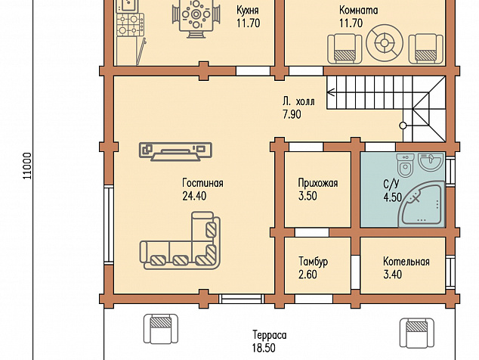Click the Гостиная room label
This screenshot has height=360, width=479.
(202, 183)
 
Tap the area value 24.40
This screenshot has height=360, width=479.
(194, 196)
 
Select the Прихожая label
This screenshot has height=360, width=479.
(318, 183)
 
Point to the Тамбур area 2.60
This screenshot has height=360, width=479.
(307, 275)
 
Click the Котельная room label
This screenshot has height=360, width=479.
(406, 262)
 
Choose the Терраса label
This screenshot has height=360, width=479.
(270, 335)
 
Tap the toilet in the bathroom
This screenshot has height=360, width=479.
(406, 165)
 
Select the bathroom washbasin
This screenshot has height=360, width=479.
(431, 161)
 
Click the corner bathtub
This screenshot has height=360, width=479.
(423, 204)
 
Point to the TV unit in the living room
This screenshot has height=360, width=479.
(175, 151)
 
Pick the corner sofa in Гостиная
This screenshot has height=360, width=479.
(180, 241)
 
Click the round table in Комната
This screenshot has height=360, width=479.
(385, 42)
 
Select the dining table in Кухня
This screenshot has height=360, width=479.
(196, 17)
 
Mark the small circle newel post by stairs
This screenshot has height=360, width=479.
(403, 126)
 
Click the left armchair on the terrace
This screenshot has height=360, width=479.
(161, 329)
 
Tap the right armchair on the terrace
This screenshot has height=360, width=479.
(417, 333)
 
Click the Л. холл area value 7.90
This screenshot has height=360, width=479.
(292, 114)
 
